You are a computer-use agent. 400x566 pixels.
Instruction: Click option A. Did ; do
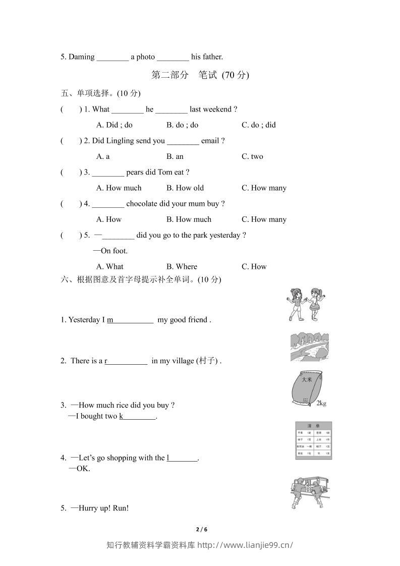point(114,125)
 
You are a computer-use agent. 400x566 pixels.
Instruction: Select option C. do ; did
point(258,125)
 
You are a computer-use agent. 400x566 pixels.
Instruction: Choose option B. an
point(175,156)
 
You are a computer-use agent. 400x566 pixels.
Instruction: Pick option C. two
point(252,156)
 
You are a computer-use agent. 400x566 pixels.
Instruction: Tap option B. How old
point(185,188)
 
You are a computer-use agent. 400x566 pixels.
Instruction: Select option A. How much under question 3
point(119,188)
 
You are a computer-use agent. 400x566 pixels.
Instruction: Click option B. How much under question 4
point(189,219)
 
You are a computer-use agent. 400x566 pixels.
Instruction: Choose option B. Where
point(182,266)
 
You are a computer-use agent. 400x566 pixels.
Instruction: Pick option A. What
point(109,266)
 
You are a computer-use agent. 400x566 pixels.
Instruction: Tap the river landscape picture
point(310,347)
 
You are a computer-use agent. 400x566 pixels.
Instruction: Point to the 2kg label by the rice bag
point(321,403)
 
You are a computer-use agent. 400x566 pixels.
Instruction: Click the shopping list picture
point(313,441)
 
